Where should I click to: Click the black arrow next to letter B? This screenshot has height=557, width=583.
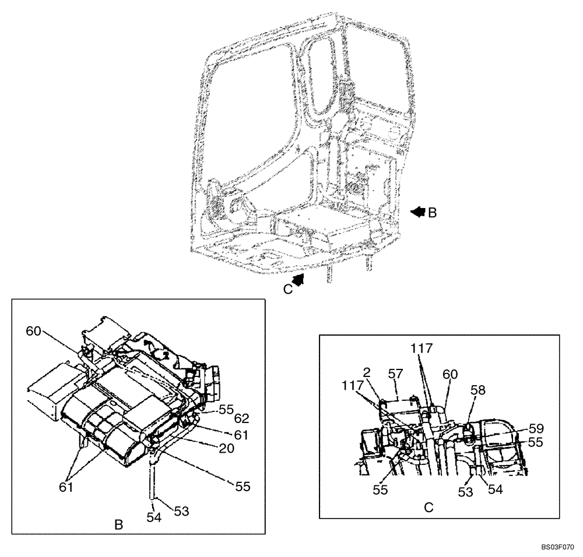tap(418, 213)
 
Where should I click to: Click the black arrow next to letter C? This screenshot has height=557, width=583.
tap(298, 281)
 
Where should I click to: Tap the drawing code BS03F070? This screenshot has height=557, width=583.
tap(558, 547)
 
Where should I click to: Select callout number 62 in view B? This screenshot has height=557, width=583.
tap(241, 418)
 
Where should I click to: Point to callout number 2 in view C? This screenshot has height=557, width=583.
tap(366, 372)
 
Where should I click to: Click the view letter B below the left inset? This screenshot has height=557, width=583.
tap(118, 525)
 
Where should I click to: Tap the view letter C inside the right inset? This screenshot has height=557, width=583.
tap(428, 507)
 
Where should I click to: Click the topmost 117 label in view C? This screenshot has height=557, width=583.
tap(422, 348)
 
